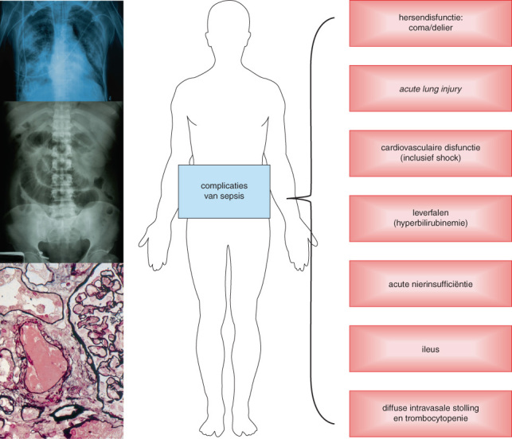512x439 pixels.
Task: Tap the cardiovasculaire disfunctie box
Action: pyautogui.click(x=430, y=152)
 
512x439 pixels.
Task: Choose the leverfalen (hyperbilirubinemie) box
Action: pyautogui.click(x=430, y=216)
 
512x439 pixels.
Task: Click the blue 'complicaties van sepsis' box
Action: pyautogui.click(x=224, y=191)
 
